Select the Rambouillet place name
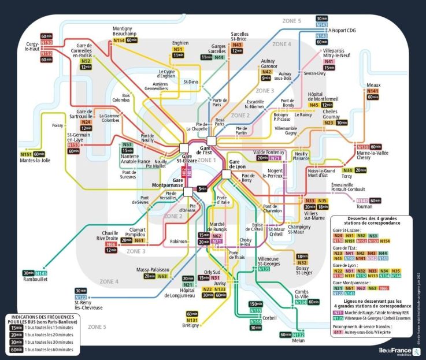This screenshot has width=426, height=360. tap(34, 280)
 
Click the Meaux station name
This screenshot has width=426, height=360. tap(373, 84)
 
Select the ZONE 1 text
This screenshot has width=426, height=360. tap(206, 160)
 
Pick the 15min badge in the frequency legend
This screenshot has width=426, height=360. tap(15, 328)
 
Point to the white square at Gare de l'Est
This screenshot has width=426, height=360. tap(211, 141)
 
